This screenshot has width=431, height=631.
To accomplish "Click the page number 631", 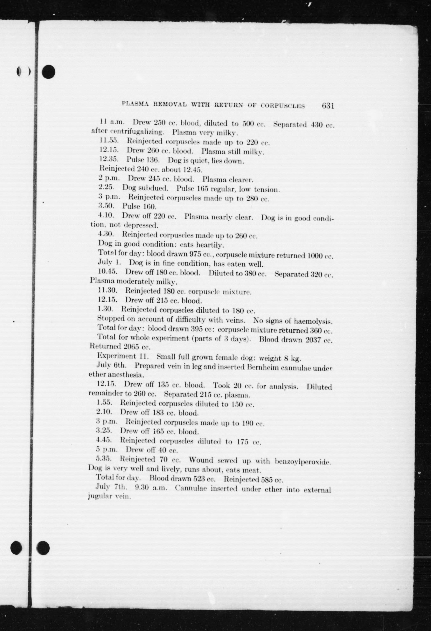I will coord(327,106).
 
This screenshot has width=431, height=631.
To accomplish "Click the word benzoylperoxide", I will coord(303,461).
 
